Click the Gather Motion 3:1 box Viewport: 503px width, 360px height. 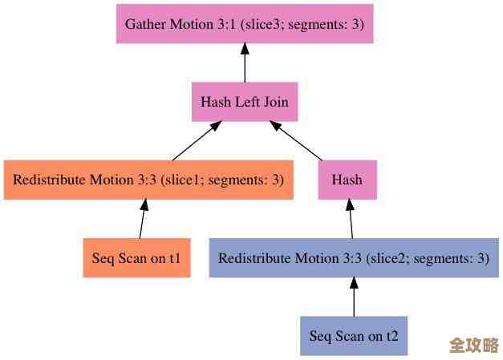(245, 24)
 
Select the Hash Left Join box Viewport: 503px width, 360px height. (245, 102)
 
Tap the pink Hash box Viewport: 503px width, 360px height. (347, 180)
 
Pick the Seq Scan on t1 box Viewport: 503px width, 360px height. (136, 258)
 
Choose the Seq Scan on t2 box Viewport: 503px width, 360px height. (354, 335)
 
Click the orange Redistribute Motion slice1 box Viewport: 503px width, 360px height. (148, 180)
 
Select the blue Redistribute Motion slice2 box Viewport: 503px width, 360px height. (353, 258)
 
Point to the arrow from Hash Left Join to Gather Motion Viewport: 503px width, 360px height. (245, 63)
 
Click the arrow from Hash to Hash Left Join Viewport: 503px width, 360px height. (297, 141)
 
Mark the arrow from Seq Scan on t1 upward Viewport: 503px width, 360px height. (143, 219)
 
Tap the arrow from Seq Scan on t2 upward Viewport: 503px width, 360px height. (354, 297)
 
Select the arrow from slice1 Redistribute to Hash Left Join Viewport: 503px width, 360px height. (196, 141)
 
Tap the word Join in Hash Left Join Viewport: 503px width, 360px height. (274, 102)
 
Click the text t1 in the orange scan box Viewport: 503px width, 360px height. (174, 258)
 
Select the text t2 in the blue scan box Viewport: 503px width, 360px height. (391, 335)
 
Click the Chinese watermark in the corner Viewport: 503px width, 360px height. (474, 346)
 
